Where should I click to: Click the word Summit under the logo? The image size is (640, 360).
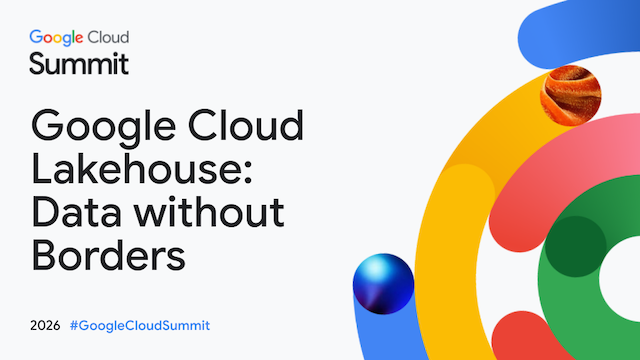pyautogui.click(x=79, y=64)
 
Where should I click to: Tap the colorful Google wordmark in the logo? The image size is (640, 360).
pyautogui.click(x=56, y=38)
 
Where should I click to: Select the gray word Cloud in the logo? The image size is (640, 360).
pyautogui.click(x=109, y=37)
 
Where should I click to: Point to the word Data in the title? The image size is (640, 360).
pyautogui.click(x=76, y=212)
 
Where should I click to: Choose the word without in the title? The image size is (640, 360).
pyautogui.click(x=210, y=211)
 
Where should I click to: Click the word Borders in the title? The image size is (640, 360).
pyautogui.click(x=108, y=256)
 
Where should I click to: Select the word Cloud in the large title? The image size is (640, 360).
pyautogui.click(x=246, y=125)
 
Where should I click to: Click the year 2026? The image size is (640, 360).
pyautogui.click(x=45, y=326)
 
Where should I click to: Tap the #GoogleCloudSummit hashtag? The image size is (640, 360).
pyautogui.click(x=140, y=326)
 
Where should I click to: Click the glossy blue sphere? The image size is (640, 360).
pyautogui.click(x=383, y=284)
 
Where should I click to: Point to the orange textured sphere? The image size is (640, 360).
pyautogui.click(x=571, y=96)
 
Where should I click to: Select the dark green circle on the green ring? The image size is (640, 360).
pyautogui.click(x=576, y=247)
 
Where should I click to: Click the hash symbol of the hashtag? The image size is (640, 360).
pyautogui.click(x=73, y=326)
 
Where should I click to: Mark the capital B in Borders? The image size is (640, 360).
pyautogui.click(x=44, y=255)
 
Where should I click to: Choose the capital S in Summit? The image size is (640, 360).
pyautogui.click(x=37, y=64)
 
